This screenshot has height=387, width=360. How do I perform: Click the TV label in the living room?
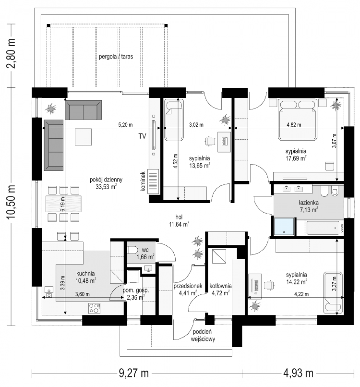pos(142,136)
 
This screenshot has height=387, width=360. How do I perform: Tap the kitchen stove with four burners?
pos(94,308)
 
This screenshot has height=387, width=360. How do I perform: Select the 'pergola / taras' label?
pos(116,57)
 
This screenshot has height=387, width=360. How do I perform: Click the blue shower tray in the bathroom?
pos(284,226)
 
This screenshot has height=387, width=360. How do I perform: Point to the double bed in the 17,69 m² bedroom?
pos(297,119)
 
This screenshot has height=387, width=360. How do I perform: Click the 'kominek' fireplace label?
pos(143,181)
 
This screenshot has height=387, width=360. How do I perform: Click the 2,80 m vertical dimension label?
pos(11,53)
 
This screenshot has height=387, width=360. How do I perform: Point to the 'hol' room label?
pos(179,217)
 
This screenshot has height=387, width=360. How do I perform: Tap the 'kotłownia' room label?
pos(220,286)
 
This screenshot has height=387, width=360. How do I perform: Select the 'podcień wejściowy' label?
pos(203,335)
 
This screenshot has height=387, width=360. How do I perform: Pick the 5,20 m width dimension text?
pos(125,125)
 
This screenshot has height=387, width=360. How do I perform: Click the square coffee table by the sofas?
pos(83,137)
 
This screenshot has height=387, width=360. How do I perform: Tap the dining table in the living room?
pos(63,203)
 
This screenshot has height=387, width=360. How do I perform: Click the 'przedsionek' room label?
pos(188,286)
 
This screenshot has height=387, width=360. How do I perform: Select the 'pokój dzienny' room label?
pos(106,179)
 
